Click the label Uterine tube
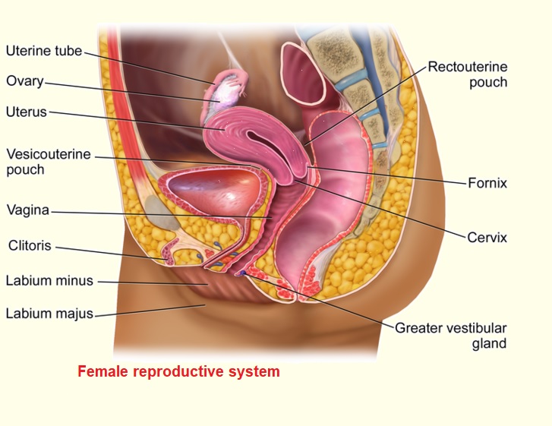coord(43,52)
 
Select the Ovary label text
coord(25,80)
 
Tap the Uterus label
coord(27,112)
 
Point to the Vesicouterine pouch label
coord(47,162)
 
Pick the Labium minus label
coord(49,281)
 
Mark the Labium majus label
coord(49,313)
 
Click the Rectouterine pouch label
coord(467,74)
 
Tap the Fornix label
coord(487,183)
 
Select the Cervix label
coord(487,238)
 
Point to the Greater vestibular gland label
coord(450,336)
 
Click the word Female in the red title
coord(102,372)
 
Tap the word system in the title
coord(256,372)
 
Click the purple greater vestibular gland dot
coord(242,273)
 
